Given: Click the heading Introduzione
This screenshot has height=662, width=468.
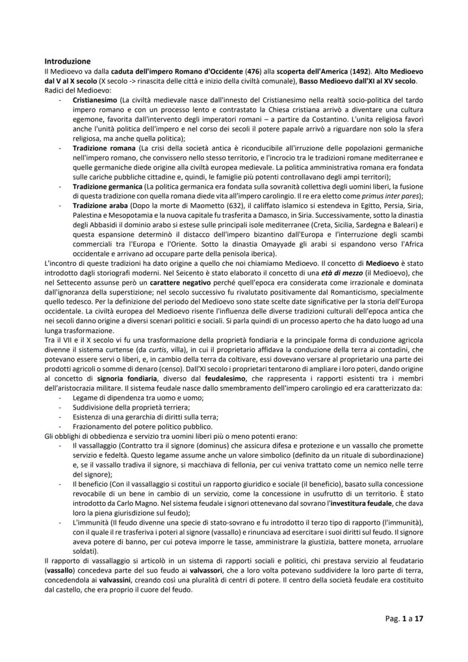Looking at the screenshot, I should (x=67, y=61).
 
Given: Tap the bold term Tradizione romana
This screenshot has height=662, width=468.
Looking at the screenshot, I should (x=101, y=147).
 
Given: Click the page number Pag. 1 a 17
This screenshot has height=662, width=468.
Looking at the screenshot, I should (x=400, y=618).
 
